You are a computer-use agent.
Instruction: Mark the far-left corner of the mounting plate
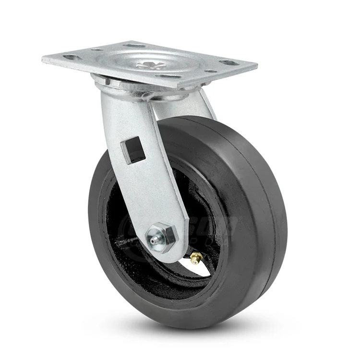[x=43, y=59]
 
